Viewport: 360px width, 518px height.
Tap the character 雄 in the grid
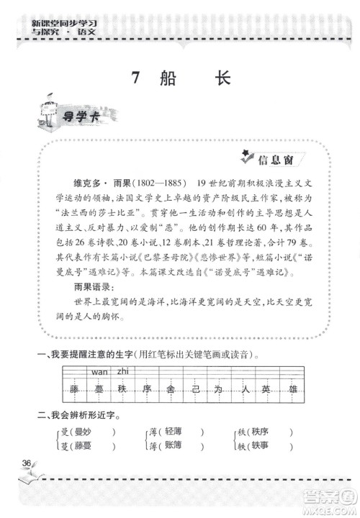292,389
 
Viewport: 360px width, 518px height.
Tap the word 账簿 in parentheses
176,446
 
